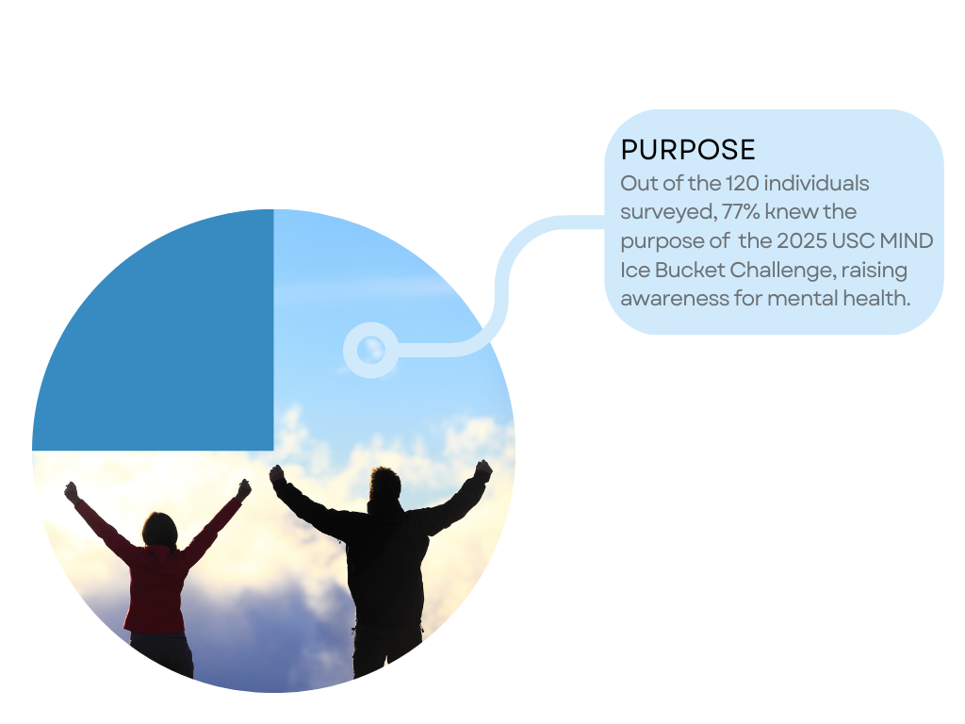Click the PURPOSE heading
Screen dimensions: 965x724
pos(688,150)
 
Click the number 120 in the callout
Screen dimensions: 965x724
pos(742,183)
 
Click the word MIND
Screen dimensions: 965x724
pos(907,240)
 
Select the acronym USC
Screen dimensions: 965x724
pos(853,240)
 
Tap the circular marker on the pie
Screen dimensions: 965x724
pos(370,350)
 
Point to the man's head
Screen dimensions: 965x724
pos(385,485)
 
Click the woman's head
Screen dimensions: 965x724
pos(160,530)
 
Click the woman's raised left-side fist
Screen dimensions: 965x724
pos(72,491)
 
